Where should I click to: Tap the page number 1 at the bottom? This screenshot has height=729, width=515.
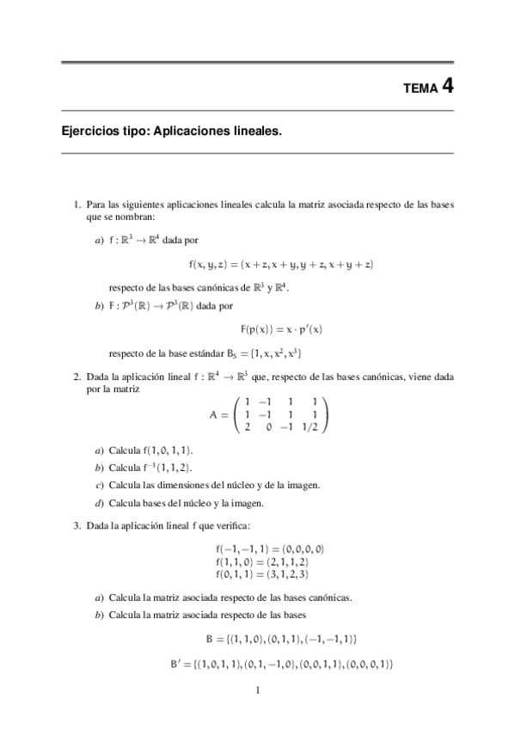point(258,689)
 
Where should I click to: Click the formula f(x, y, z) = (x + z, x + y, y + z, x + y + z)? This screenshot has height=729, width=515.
point(281,264)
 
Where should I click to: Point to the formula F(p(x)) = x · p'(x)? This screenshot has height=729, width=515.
point(281,329)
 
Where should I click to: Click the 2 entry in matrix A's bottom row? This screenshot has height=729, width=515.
point(248,427)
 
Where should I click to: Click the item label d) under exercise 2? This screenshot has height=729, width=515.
point(100,503)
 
